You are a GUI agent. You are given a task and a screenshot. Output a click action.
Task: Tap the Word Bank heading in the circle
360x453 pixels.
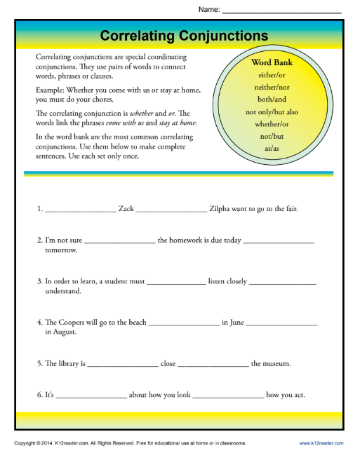point(272,62)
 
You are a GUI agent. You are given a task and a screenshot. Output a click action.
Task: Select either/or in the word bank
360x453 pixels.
point(272,75)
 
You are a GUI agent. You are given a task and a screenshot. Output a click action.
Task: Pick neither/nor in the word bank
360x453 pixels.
point(272,87)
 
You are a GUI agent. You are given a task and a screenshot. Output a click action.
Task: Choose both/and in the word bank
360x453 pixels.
point(272,99)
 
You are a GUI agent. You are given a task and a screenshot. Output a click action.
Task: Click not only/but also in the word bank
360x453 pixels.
point(272,111)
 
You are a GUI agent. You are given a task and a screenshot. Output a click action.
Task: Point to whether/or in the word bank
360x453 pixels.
point(272,123)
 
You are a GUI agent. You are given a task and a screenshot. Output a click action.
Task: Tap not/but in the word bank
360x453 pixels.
point(272,135)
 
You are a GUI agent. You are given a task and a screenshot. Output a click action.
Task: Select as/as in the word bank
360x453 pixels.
point(272,148)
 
